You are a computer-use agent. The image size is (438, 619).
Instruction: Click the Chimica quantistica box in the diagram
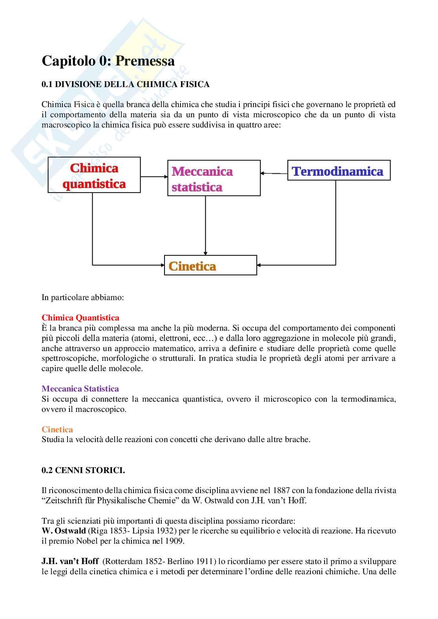tap(94, 175)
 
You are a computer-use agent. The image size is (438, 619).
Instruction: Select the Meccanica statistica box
tap(214, 178)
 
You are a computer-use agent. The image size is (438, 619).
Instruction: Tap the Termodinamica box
tap(339, 170)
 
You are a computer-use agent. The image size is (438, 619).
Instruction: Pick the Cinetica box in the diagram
tap(210, 266)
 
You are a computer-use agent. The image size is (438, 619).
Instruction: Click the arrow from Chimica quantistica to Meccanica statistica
tap(154, 177)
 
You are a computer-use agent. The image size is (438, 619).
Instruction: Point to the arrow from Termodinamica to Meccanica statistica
tap(274, 173)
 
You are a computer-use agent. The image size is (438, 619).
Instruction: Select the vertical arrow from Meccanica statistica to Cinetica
tap(205, 226)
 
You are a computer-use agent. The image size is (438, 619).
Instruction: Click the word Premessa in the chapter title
tap(145, 61)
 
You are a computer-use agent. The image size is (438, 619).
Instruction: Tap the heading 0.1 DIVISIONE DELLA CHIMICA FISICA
tap(126, 84)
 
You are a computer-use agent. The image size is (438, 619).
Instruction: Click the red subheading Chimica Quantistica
tap(80, 318)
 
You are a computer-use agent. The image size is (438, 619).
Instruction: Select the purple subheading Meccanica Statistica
tap(80, 389)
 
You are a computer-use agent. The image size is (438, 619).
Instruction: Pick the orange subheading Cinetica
tap(57, 430)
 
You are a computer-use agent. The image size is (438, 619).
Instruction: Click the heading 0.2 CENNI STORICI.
tap(83, 470)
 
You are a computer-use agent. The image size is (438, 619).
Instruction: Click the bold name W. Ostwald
tap(64, 531)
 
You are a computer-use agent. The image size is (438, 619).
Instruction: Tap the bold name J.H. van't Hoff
tap(70, 561)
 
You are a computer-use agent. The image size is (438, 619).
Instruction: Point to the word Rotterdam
tap(122, 561)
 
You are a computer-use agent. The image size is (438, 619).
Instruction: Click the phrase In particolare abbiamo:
tap(83, 297)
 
